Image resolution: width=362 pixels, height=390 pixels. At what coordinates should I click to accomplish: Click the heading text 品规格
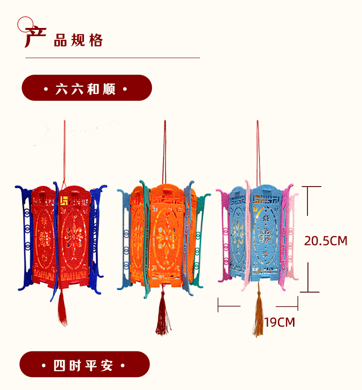pos(78,40)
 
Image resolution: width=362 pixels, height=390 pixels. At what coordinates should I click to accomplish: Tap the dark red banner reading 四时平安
pos(85,364)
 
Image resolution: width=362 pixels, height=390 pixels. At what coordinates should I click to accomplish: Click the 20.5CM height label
pos(325,241)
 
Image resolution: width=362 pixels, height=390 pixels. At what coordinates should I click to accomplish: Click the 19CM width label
pos(279,322)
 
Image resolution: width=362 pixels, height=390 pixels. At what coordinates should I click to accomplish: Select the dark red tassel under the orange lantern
pos(161,318)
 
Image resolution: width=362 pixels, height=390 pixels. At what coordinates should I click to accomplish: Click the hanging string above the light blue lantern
pos(258,149)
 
